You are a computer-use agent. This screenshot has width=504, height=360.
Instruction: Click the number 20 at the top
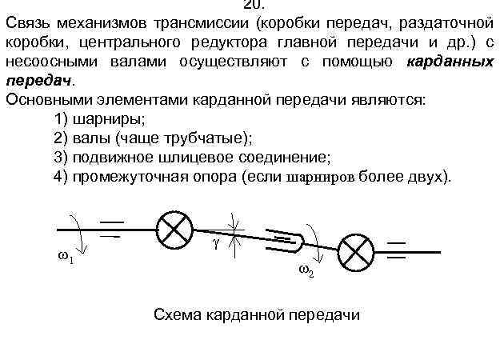pyautogui.click(x=253, y=4)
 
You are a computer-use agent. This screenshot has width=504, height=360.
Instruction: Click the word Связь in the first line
pyautogui.click(x=29, y=22)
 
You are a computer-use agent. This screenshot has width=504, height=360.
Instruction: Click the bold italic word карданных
pyautogui.click(x=454, y=63)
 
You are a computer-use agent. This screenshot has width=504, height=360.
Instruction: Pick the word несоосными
pyautogui.click(x=49, y=63)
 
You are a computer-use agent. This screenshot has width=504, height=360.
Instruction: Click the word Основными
pyautogui.click(x=48, y=101)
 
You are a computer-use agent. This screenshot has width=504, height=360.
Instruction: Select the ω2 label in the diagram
pyautogui.click(x=306, y=270)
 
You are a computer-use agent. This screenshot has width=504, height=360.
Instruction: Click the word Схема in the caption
pyautogui.click(x=178, y=314)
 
